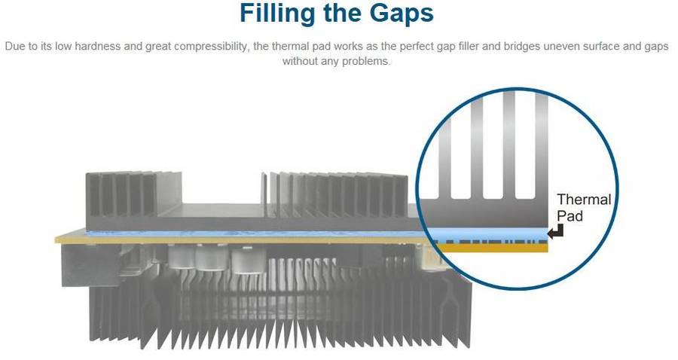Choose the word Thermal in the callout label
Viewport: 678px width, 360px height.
584,200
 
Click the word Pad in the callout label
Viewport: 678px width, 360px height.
570,215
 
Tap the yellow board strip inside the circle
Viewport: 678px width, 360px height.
490,246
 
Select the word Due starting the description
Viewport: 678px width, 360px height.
14,47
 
